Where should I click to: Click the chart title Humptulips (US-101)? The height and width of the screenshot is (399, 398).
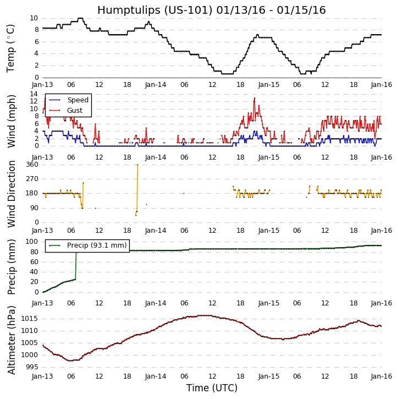pos(212,10)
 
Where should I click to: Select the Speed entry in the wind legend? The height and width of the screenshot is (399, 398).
pos(78,100)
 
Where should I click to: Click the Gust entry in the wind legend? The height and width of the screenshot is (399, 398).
pos(76,111)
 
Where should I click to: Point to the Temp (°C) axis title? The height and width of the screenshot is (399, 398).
pos(11,48)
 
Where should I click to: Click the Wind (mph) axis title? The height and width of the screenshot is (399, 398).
pos(12,121)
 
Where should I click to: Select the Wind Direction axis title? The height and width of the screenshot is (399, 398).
pos(12,194)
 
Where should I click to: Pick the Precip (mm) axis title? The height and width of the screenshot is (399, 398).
pos(12,266)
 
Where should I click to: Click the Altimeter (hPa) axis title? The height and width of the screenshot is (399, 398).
pos(12,340)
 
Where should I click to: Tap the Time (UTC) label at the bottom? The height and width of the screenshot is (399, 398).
pos(212,388)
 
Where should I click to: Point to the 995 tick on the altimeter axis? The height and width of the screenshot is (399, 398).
pos(31,367)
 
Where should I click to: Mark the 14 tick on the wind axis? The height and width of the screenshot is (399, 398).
pos(34,94)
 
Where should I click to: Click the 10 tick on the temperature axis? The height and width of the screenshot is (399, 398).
pos(34,18)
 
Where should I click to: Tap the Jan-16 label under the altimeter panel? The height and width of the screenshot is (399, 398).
pos(382,377)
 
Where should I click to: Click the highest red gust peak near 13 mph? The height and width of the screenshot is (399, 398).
pos(255,98)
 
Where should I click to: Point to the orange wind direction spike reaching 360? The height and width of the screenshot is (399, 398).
pos(137,165)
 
